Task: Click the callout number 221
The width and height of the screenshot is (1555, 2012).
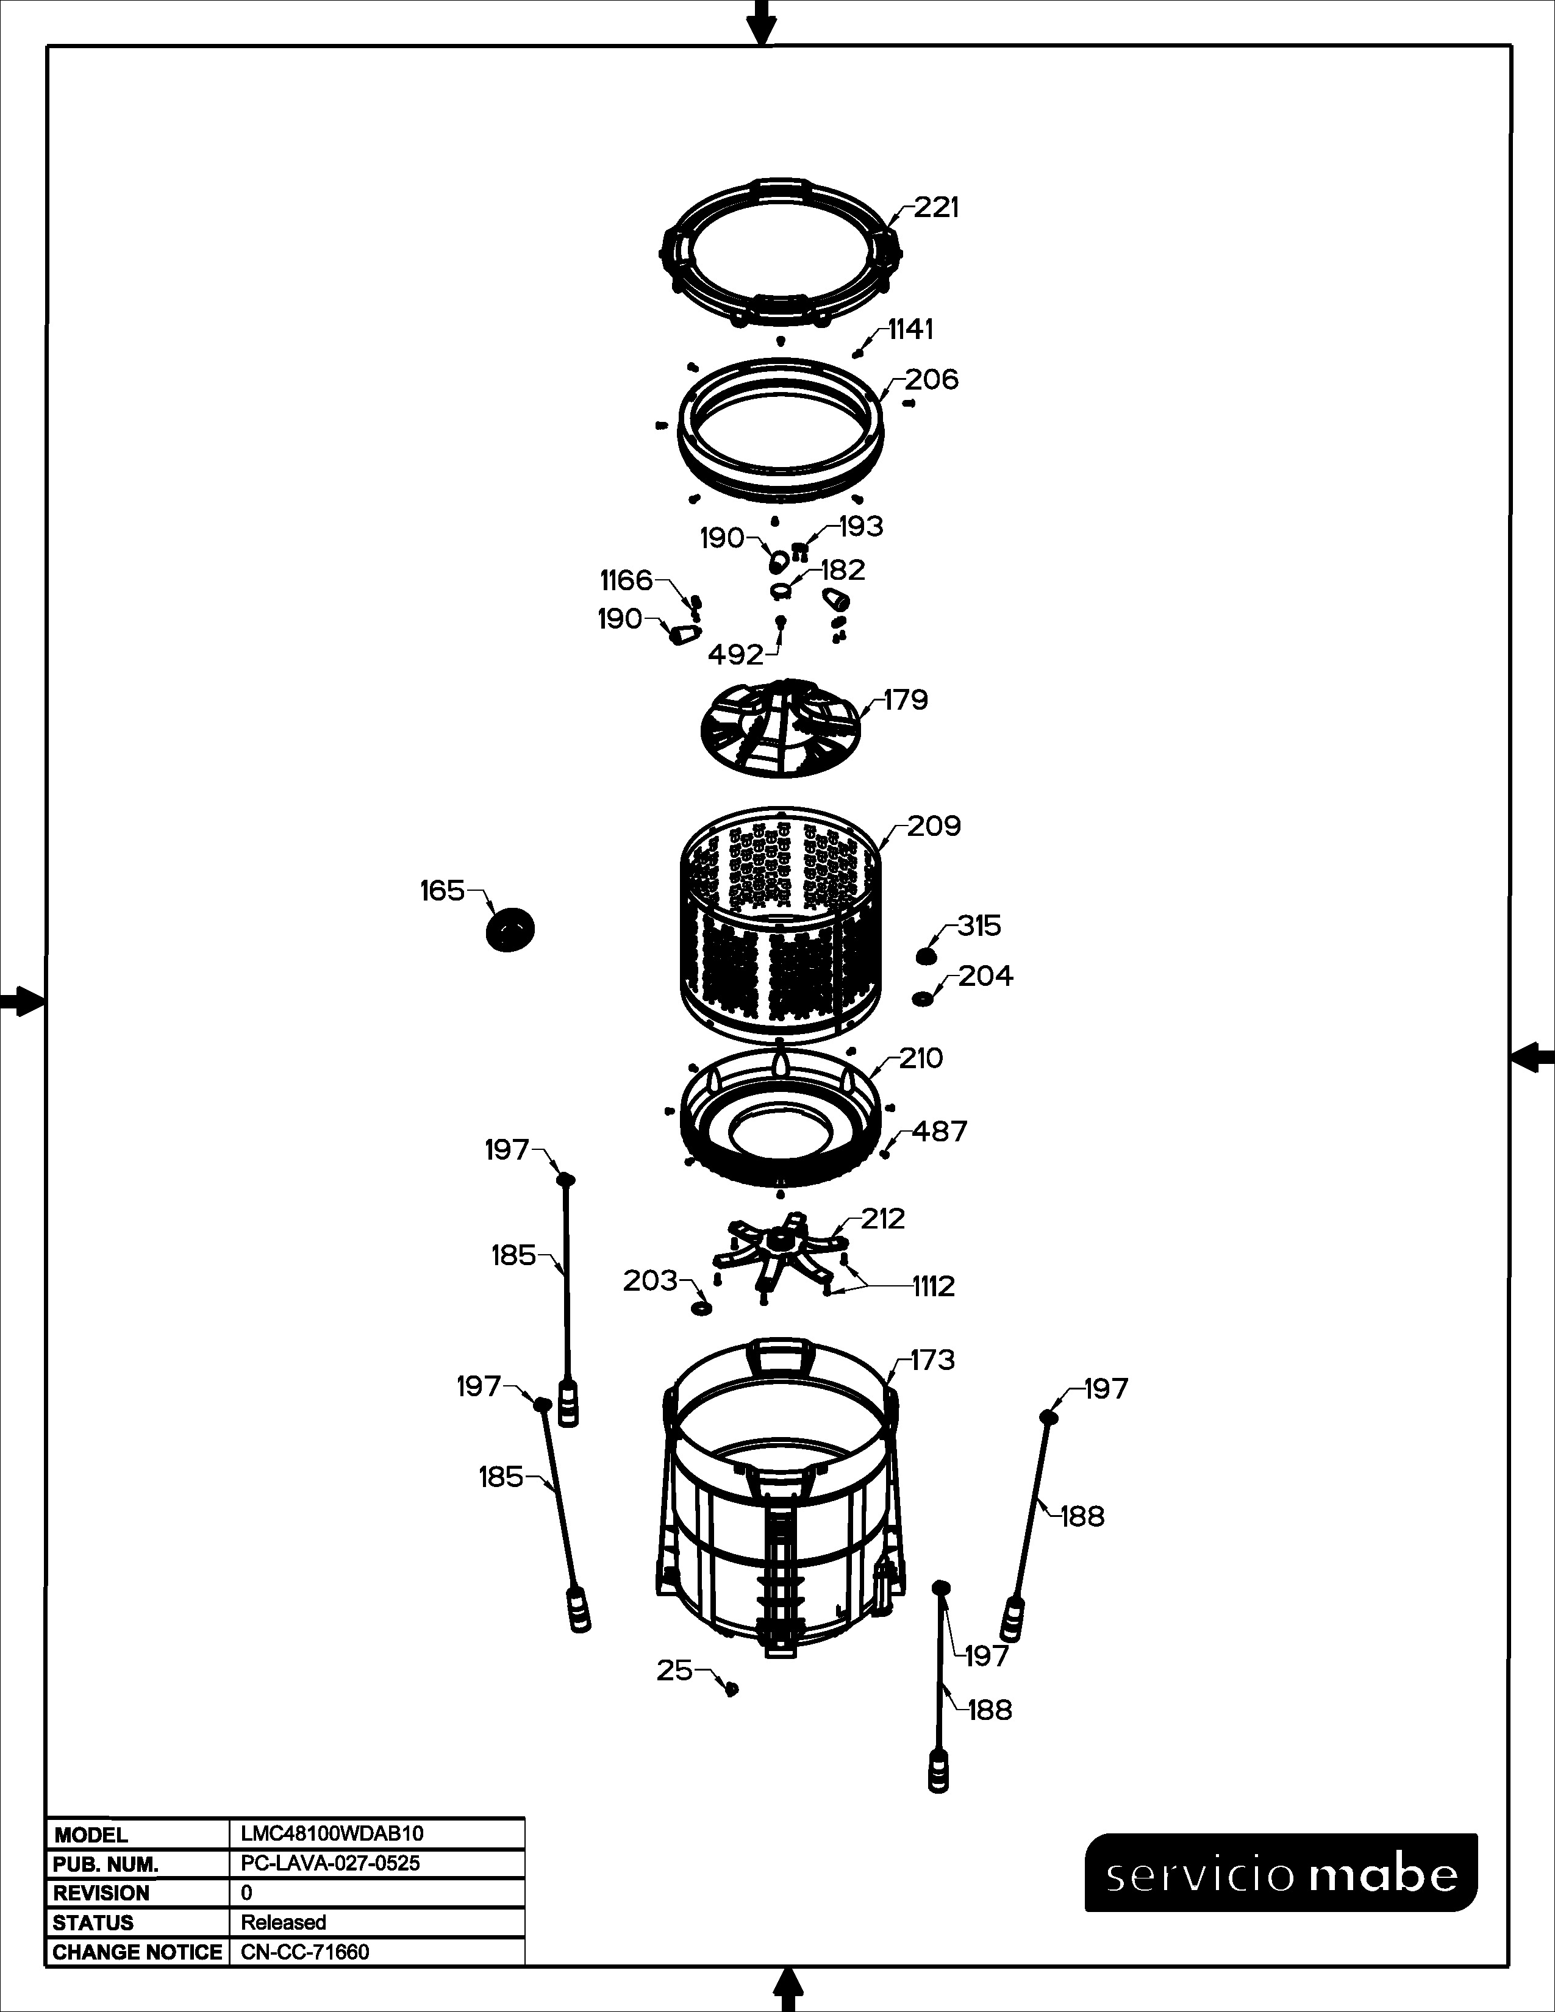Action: [936, 208]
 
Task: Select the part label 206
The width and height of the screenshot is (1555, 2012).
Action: [931, 380]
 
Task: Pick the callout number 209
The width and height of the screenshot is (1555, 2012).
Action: [934, 826]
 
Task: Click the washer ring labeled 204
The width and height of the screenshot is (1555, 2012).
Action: [921, 999]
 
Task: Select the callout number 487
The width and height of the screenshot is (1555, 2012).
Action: [940, 1131]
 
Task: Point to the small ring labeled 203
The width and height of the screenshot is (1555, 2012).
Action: [701, 1309]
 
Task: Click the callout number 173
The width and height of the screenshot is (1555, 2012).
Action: [932, 1360]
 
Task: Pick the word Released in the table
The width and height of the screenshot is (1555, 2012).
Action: [284, 1922]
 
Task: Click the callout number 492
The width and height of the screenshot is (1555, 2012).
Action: [736, 655]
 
